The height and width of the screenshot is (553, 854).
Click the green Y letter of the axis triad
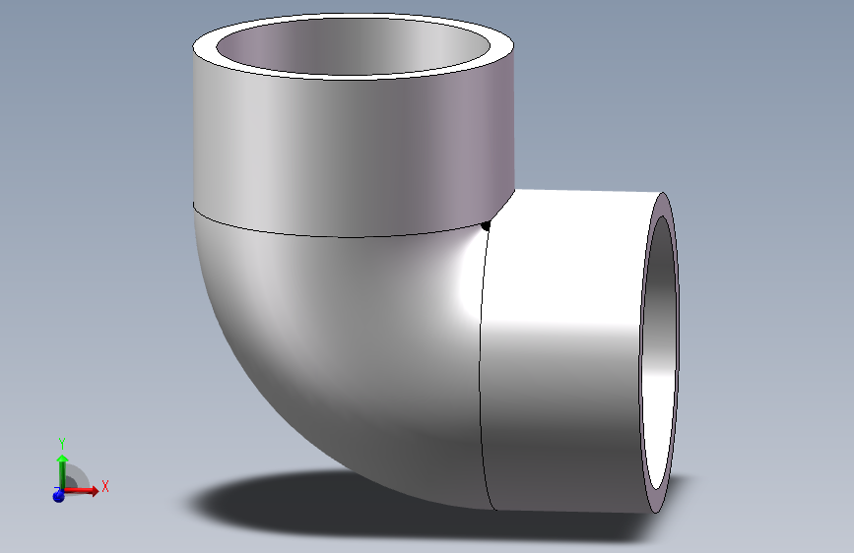point(62,443)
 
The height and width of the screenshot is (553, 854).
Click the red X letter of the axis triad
point(104,486)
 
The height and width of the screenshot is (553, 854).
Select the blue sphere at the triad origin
point(58,496)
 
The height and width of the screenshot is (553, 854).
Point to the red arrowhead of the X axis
point(94,490)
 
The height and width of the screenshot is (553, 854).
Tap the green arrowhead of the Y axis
point(62,458)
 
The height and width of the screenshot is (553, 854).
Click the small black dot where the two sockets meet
point(486,227)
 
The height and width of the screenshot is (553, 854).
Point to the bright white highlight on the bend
point(458,285)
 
